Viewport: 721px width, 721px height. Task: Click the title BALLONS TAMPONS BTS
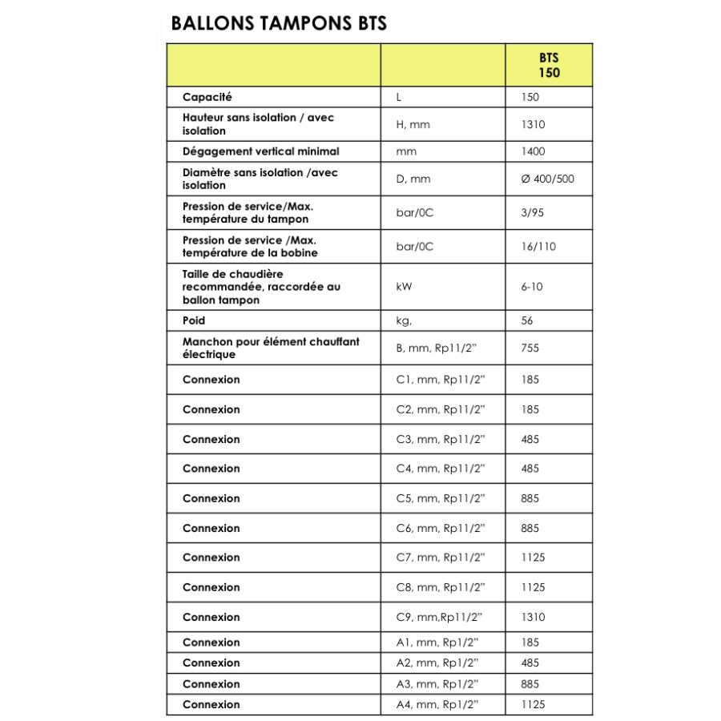279,23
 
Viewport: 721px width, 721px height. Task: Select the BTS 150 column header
549,65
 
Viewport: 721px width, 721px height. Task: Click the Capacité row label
207,97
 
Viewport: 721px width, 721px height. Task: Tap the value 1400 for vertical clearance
532,151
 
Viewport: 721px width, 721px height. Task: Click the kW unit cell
405,286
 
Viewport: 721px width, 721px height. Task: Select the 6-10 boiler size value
531,286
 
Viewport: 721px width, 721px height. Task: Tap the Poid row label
194,320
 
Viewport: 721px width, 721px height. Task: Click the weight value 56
526,320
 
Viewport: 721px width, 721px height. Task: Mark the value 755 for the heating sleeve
530,348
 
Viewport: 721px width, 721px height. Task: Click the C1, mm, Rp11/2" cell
441,380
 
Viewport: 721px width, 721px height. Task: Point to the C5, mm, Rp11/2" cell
441,498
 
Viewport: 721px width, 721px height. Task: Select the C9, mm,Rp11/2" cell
439,617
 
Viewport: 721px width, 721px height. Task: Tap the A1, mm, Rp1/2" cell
437,642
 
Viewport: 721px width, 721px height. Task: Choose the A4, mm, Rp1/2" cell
437,705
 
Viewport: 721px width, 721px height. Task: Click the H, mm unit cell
413,124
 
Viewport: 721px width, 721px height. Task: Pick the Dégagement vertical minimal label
260,151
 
